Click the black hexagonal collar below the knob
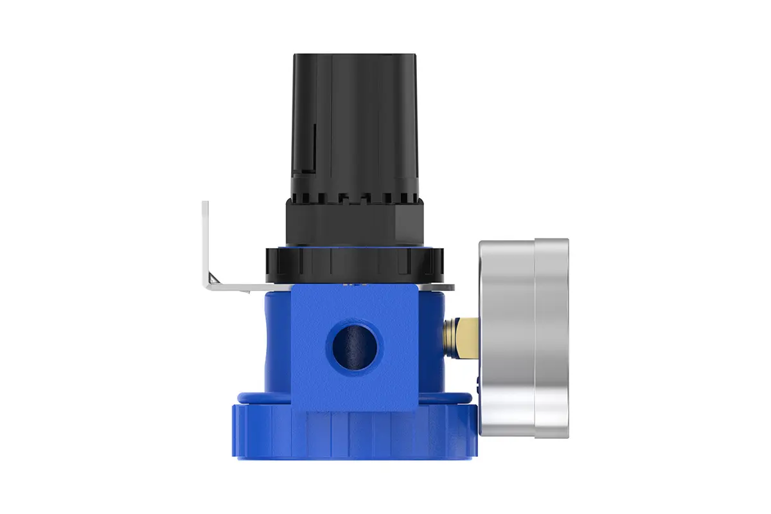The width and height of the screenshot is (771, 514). (354, 222)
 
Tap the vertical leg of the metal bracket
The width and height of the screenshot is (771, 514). (206, 241)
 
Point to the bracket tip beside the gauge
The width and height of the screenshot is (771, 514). (450, 287)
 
